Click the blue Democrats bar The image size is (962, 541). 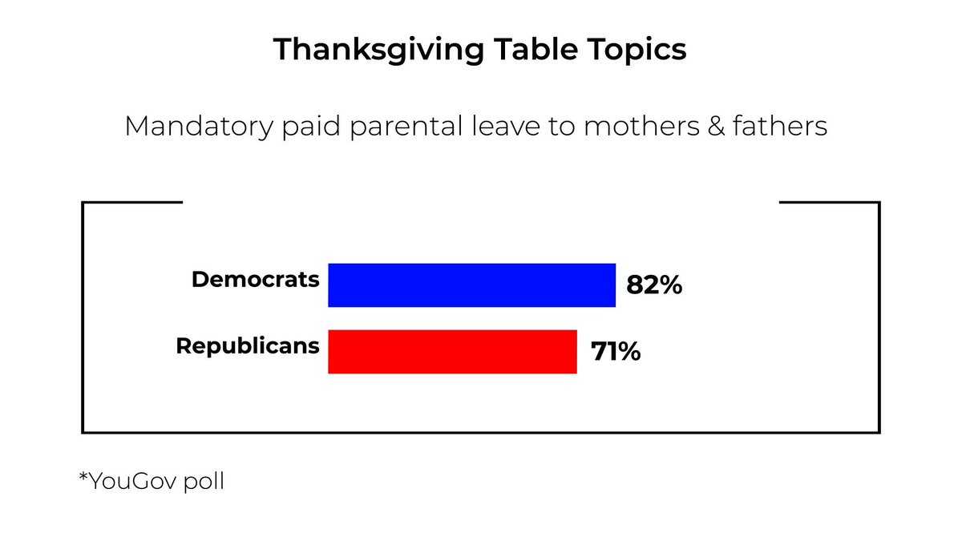[471, 285]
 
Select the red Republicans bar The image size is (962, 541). [452, 351]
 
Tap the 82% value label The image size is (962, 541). [654, 286]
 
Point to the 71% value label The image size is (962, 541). [616, 352]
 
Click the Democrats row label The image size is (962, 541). [256, 280]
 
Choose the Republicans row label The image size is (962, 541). [248, 346]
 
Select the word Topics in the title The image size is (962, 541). [638, 50]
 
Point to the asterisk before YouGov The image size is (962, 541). [83, 478]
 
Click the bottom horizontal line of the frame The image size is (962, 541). [481, 432]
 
